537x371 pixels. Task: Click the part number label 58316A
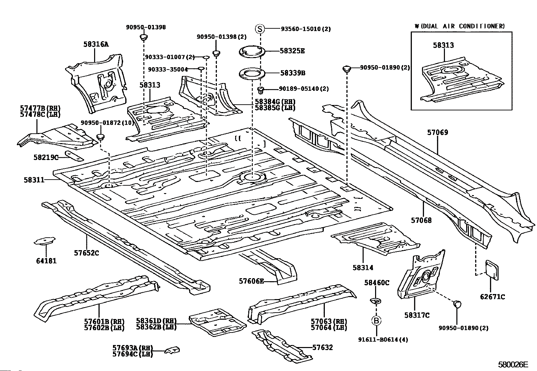(96, 44)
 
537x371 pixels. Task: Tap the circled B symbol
(376, 320)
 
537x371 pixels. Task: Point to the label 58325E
(292, 51)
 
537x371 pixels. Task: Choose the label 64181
(46, 261)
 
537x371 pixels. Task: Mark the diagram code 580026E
(513, 365)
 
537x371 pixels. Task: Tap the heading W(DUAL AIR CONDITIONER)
(459, 26)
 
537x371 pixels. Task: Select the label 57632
(322, 347)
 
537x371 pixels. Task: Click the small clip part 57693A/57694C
(172, 350)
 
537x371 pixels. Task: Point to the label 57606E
(252, 281)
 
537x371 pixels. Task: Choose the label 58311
(34, 180)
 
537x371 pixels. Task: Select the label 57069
(437, 133)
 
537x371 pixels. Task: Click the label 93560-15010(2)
(306, 29)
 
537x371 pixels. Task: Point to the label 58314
(363, 268)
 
